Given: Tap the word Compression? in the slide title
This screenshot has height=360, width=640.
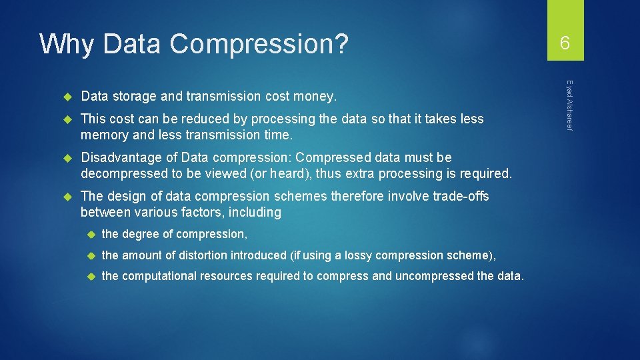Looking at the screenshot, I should click(x=259, y=44).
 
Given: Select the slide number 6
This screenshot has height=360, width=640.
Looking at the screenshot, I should click(x=565, y=44).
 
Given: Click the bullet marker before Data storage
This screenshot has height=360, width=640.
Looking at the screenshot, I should click(x=67, y=97).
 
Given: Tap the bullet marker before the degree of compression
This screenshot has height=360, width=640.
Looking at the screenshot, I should click(x=89, y=234).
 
